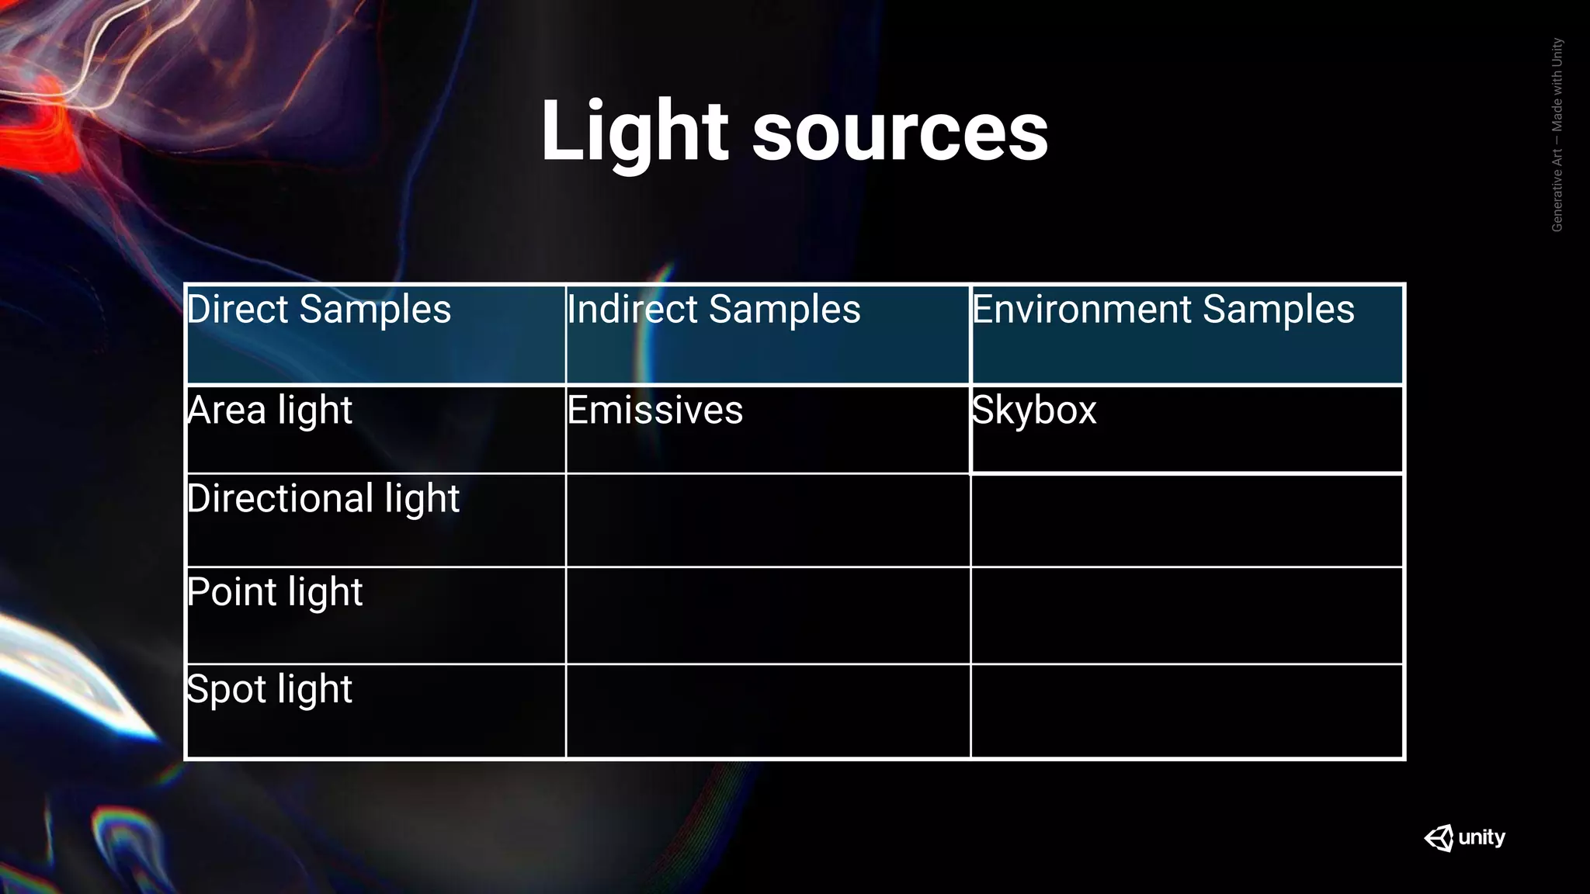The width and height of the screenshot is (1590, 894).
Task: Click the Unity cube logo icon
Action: pos(1439,838)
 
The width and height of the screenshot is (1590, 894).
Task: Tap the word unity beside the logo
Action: pos(1481,837)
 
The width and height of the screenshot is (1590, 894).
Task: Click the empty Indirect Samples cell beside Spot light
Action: pos(768,711)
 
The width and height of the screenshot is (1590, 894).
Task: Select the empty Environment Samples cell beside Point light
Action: pos(1187,615)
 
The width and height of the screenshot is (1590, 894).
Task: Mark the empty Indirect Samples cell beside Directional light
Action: pos(768,521)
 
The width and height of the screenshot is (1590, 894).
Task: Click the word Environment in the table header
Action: pos(1082,310)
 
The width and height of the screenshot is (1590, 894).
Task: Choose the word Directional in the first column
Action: pos(280,498)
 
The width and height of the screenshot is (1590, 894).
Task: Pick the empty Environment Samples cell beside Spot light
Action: pos(1187,711)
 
